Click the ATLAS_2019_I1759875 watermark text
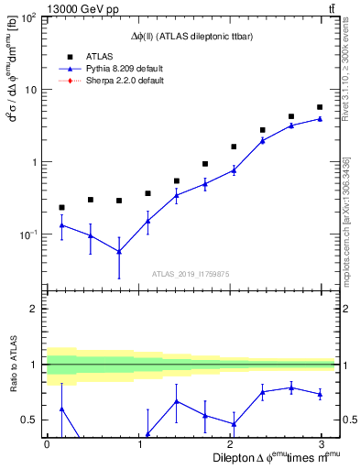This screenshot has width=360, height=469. (192, 272)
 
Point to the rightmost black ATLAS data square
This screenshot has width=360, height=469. (319, 107)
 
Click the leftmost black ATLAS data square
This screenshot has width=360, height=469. (61, 208)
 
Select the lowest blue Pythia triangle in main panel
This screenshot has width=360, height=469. (119, 251)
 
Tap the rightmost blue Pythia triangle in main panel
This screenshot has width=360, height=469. (319, 119)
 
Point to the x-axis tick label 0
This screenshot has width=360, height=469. (47, 444)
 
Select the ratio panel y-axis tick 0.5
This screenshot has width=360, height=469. (34, 420)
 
